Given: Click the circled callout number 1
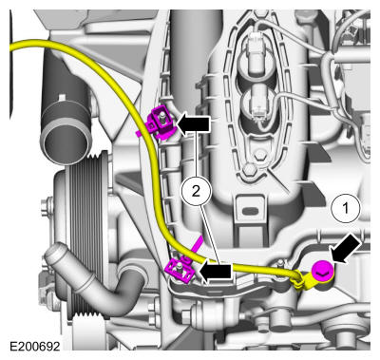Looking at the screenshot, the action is pyautogui.click(x=346, y=208).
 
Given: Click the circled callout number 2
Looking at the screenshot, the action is pyautogui.click(x=196, y=191).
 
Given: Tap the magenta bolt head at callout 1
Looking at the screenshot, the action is pyautogui.click(x=323, y=272).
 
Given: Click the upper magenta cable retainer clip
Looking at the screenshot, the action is pyautogui.click(x=161, y=123).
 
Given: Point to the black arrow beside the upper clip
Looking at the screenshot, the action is pyautogui.click(x=194, y=124).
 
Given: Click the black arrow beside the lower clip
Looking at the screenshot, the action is pyautogui.click(x=215, y=272).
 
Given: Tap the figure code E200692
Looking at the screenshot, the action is pyautogui.click(x=35, y=346).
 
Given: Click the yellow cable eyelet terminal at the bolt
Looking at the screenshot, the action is pyautogui.click(x=303, y=280).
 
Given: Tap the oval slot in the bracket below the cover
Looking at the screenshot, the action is pyautogui.click(x=250, y=210).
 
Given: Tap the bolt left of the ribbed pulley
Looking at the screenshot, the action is pyautogui.click(x=47, y=203).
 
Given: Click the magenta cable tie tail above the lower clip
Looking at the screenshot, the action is pyautogui.click(x=197, y=244).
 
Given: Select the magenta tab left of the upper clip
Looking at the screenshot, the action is pyautogui.click(x=140, y=133).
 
